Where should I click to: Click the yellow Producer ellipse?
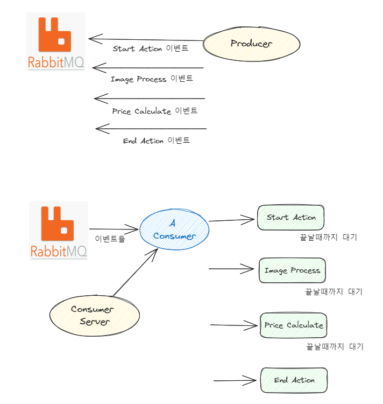pos(251,44)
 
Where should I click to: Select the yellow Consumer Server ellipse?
pos(95,316)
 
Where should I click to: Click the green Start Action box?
pos(291,218)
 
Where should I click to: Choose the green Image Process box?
pos(292,270)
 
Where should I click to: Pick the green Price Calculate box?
pos(293,325)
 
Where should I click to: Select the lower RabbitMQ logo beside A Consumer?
pos(58,231)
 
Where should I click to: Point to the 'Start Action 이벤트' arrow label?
pos(151,48)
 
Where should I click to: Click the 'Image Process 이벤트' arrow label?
pos(152,79)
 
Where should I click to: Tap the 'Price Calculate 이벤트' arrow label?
pos(154,111)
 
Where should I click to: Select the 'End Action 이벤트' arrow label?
pos(156,141)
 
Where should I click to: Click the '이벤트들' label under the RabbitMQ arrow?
pos(110,238)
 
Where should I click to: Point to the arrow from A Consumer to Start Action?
pos(231,220)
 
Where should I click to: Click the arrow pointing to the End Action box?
pos(234,380)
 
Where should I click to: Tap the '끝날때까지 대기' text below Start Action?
pos(328,237)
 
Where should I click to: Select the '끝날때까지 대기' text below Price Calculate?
pos(335,346)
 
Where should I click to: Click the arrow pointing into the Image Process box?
pos(231,268)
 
